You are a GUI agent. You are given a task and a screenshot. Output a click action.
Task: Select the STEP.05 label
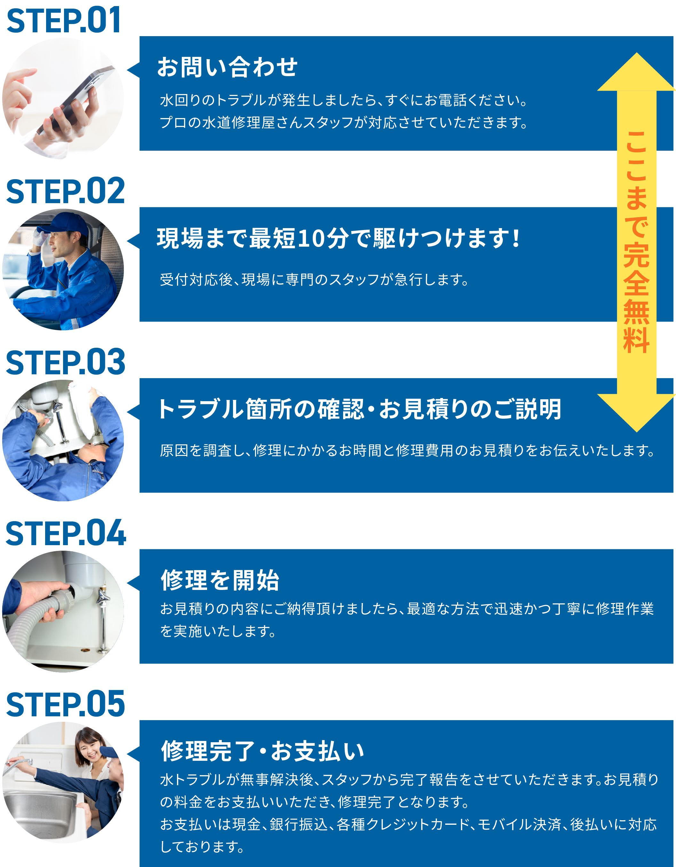click(x=65, y=704)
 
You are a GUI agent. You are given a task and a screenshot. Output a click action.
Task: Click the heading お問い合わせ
click(x=227, y=67)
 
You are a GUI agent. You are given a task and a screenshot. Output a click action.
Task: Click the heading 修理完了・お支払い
click(x=262, y=751)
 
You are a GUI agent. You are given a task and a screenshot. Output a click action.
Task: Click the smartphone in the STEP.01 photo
click(x=76, y=99)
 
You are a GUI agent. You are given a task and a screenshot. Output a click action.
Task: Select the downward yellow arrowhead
click(x=637, y=413)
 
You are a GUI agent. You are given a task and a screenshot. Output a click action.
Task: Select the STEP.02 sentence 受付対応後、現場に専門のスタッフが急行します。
click(x=315, y=280)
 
